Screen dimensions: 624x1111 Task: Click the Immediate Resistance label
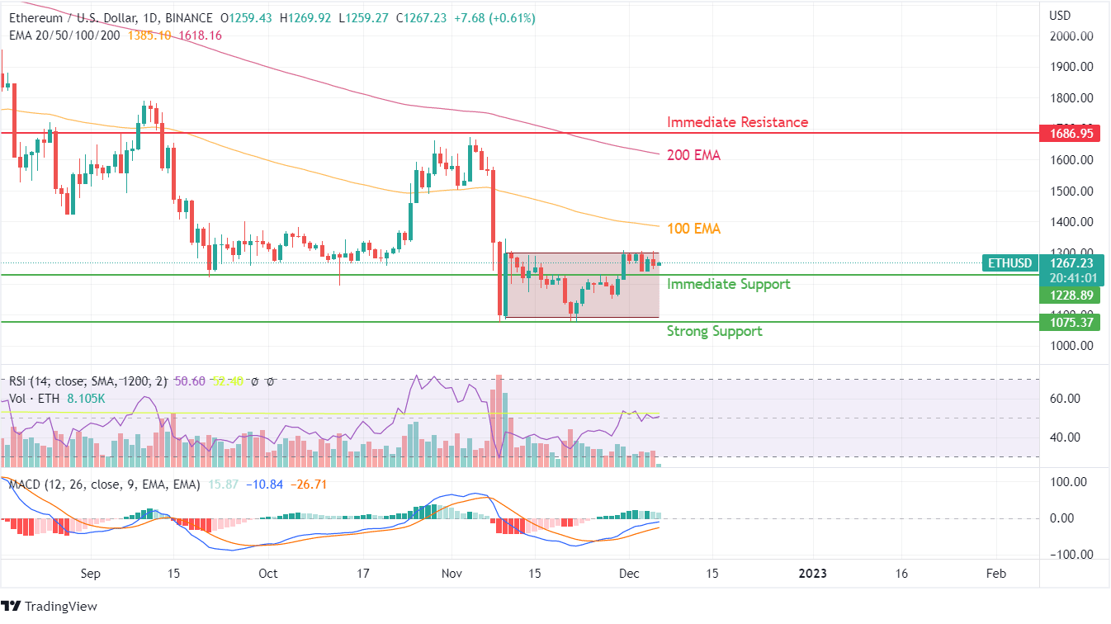(737, 122)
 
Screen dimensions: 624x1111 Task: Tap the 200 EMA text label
(693, 155)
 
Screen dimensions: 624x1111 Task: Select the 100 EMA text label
(693, 229)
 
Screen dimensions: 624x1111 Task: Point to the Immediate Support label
(728, 284)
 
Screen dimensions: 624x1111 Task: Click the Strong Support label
(714, 331)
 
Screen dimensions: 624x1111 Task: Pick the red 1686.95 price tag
(1071, 133)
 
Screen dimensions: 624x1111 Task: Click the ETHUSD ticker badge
(1009, 263)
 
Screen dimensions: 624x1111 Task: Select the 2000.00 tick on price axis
(1071, 36)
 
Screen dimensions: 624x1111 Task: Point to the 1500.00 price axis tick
(1071, 191)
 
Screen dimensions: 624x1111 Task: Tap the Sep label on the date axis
(91, 574)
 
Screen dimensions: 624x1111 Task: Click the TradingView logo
(50, 607)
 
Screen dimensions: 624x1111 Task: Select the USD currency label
(1060, 16)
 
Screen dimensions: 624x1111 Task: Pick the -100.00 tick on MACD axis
(1069, 555)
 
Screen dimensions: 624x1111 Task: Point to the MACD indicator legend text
(104, 485)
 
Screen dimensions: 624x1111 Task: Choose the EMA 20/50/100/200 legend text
(64, 35)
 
